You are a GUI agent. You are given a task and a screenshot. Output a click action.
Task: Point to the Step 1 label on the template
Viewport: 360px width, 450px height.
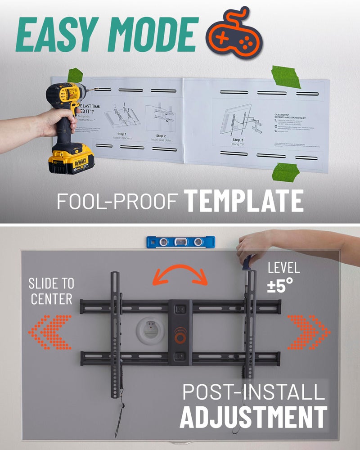coord(121,134)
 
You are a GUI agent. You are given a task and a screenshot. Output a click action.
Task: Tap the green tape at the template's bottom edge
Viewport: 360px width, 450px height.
coord(286,172)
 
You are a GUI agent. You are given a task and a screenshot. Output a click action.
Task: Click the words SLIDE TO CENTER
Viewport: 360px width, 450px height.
coord(51,291)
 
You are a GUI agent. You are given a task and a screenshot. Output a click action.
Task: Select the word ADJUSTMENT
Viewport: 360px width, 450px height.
coord(253,416)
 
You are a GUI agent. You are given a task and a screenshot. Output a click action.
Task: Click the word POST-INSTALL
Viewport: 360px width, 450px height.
coord(253,392)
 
